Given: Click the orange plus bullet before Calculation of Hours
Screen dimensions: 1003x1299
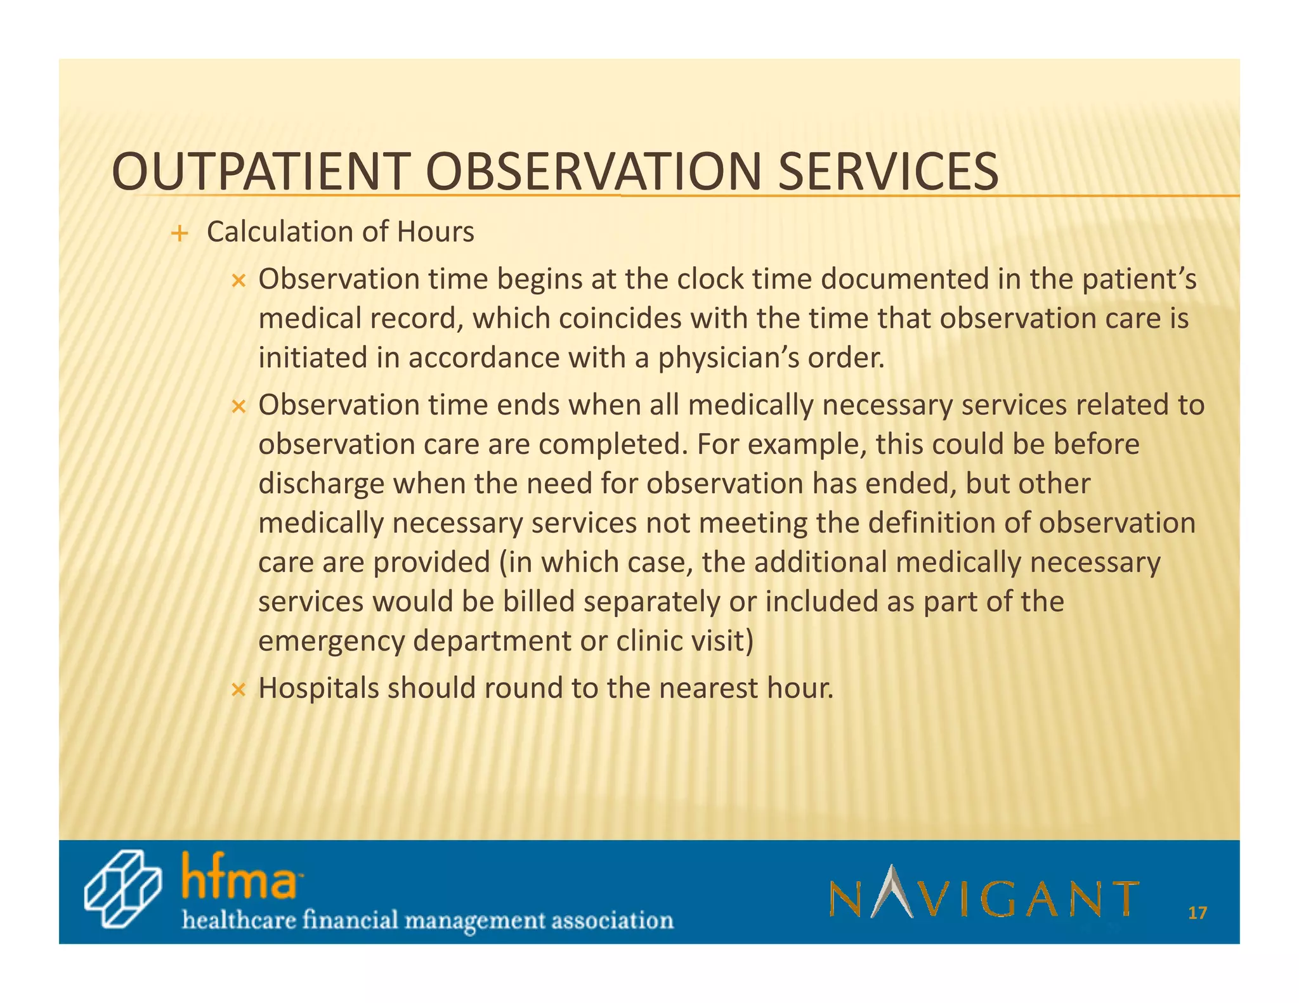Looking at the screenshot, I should pyautogui.click(x=180, y=234).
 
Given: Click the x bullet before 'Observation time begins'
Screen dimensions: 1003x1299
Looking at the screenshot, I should pyautogui.click(x=238, y=281).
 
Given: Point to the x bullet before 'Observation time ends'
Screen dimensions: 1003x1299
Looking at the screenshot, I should pyautogui.click(x=238, y=406).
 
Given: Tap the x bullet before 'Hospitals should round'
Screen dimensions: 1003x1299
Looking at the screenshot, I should pyautogui.click(x=238, y=690).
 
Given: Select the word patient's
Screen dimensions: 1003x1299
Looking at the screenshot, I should pyautogui.click(x=1139, y=280).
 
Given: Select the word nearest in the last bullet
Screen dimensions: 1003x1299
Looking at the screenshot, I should pyautogui.click(x=708, y=689).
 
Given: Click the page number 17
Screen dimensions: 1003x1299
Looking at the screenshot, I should pyautogui.click(x=1197, y=914).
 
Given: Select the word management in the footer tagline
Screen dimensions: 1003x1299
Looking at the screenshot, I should pyautogui.click(x=475, y=920).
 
